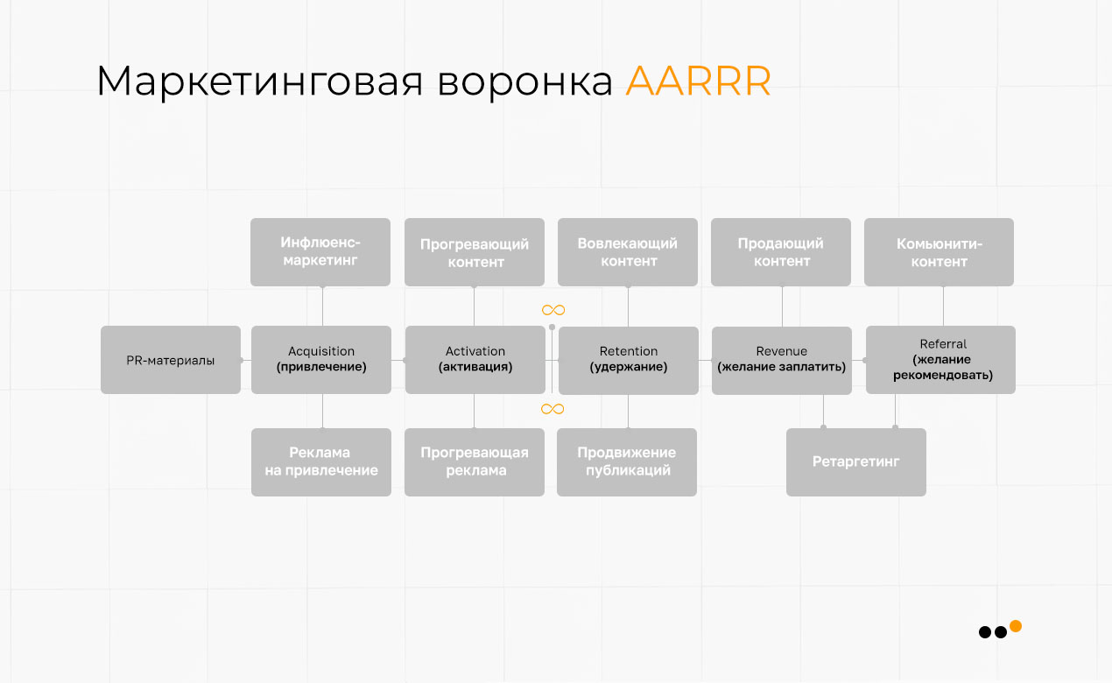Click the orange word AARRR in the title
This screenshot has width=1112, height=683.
pos(698,81)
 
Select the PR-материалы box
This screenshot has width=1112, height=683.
pos(171,360)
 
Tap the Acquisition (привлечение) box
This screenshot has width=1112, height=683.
pos(321,360)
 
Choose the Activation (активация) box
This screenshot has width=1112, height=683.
pos(475,360)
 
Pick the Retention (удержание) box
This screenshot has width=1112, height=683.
pos(628,360)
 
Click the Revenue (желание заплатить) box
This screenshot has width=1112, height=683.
pos(781,360)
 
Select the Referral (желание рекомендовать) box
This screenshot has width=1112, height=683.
pos(941,360)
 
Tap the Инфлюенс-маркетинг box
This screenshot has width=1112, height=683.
pos(320,252)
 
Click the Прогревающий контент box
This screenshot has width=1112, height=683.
pos(475,252)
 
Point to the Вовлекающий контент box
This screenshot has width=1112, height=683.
pos(628,252)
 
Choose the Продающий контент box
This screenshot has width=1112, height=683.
pos(781,252)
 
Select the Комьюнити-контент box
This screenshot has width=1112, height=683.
pos(939,252)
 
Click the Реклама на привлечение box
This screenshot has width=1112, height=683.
pos(321,462)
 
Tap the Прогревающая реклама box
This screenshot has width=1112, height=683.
pos(475,462)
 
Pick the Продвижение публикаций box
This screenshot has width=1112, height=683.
pos(627,462)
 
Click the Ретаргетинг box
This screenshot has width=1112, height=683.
pos(856,462)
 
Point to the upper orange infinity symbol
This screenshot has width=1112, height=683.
pos(552,310)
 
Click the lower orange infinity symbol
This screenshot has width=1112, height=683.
pos(552,409)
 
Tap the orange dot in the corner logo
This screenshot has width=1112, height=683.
pos(1016,626)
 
